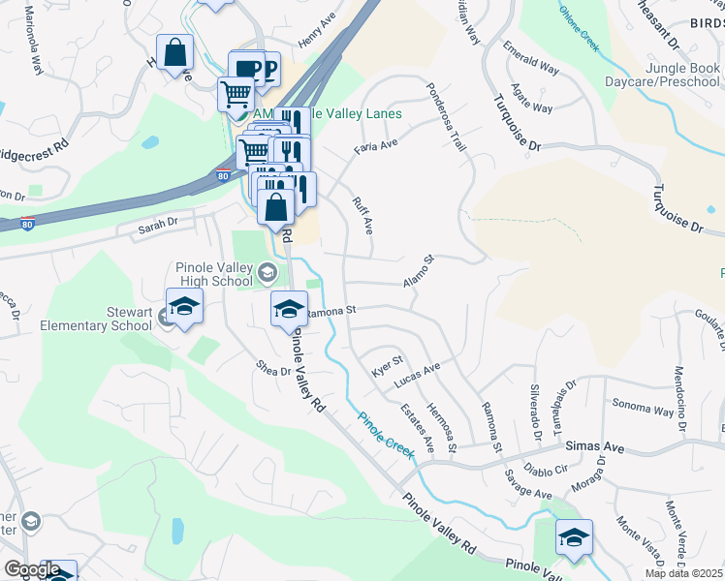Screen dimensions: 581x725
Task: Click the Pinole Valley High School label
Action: [213, 274]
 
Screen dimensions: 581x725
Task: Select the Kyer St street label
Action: [388, 366]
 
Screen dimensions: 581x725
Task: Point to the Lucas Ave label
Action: [417, 376]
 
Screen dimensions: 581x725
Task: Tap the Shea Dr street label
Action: [272, 370]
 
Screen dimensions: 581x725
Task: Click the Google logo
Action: [31, 568]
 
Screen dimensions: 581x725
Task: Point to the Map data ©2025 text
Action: [683, 574]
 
